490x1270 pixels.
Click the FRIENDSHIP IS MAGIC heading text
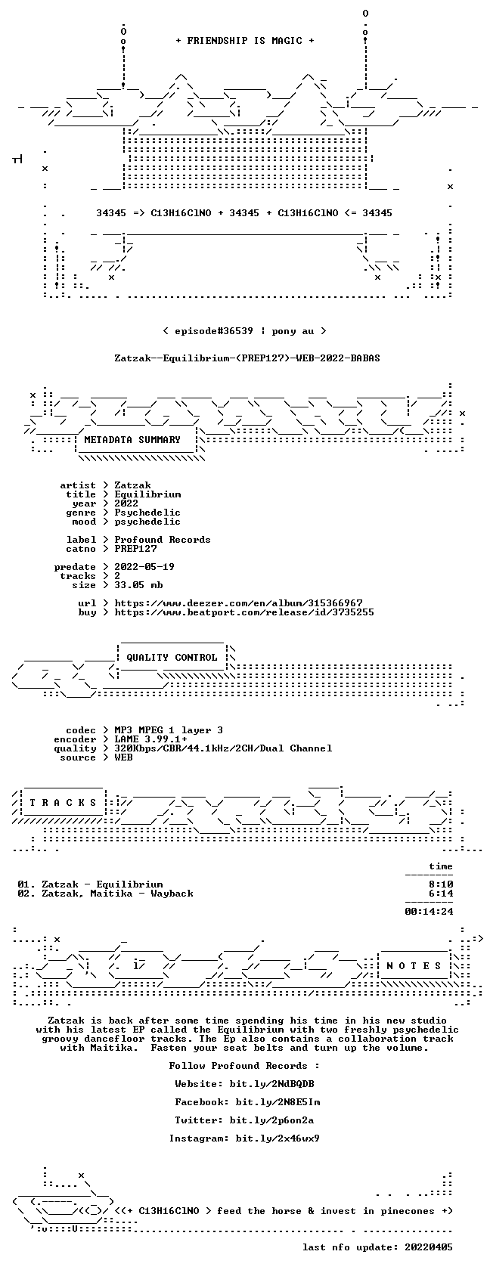tap(245, 41)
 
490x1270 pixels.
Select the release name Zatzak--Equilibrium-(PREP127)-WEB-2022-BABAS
tap(247, 358)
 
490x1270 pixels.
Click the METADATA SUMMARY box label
tap(132, 440)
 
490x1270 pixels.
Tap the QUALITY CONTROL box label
tap(172, 658)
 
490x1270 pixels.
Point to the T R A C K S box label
tap(63, 803)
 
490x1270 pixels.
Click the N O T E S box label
tap(414, 966)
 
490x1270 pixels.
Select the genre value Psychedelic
tap(147, 513)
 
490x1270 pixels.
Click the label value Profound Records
tap(162, 540)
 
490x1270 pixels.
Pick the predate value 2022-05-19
tap(144, 567)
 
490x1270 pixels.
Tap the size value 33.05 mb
tap(138, 585)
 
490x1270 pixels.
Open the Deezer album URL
tap(238, 603)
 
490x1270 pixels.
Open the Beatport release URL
tap(244, 612)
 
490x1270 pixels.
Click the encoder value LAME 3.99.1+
tap(151, 739)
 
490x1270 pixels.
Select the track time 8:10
tap(441, 884)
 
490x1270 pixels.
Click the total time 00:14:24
tap(429, 912)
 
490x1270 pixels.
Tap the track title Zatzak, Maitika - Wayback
tap(117, 894)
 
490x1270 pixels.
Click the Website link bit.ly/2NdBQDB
tap(271, 1084)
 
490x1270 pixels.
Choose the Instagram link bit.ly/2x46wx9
tap(278, 1138)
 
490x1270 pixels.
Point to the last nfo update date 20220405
tap(429, 1247)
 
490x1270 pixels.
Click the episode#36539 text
tap(214, 331)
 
